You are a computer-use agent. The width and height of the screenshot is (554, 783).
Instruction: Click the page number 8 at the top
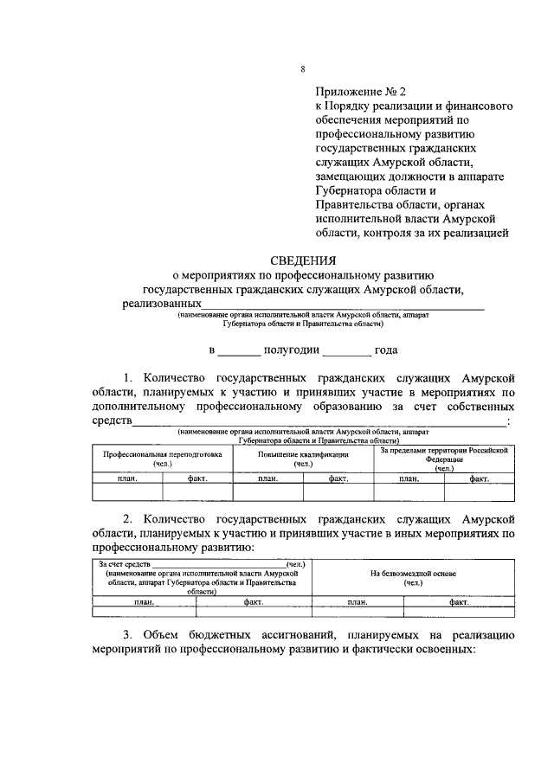coord(303,69)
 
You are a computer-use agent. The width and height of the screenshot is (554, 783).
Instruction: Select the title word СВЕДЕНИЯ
coord(302,259)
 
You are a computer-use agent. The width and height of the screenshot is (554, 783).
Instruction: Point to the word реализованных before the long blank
coord(162,305)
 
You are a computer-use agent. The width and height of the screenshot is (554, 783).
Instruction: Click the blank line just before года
coord(349,353)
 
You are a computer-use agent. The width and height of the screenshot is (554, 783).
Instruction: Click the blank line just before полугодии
coord(238,353)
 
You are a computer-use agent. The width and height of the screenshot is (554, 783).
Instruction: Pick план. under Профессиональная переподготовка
coord(127,478)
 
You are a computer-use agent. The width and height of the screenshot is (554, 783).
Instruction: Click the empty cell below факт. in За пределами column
coord(479,491)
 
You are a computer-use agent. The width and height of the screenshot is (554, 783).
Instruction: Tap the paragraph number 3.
coord(126,634)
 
